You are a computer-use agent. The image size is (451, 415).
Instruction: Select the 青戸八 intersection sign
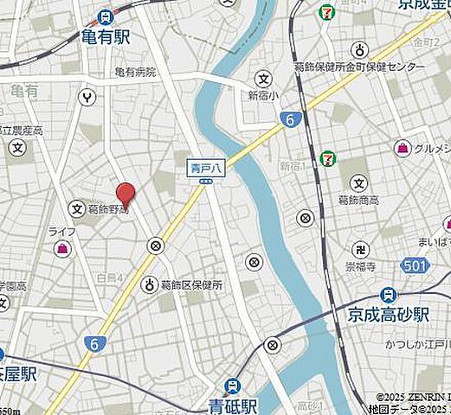206,169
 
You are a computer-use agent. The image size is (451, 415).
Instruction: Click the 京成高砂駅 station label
399,313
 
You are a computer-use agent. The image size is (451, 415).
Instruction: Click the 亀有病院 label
134,73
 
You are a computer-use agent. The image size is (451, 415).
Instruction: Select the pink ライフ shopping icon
62,249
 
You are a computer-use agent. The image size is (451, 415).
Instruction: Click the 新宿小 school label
261,95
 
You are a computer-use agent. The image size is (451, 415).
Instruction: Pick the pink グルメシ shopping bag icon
403,149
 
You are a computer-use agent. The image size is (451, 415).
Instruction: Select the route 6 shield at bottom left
92,343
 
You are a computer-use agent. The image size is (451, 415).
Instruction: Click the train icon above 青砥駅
232,386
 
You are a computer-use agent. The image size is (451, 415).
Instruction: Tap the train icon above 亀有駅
105,16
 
